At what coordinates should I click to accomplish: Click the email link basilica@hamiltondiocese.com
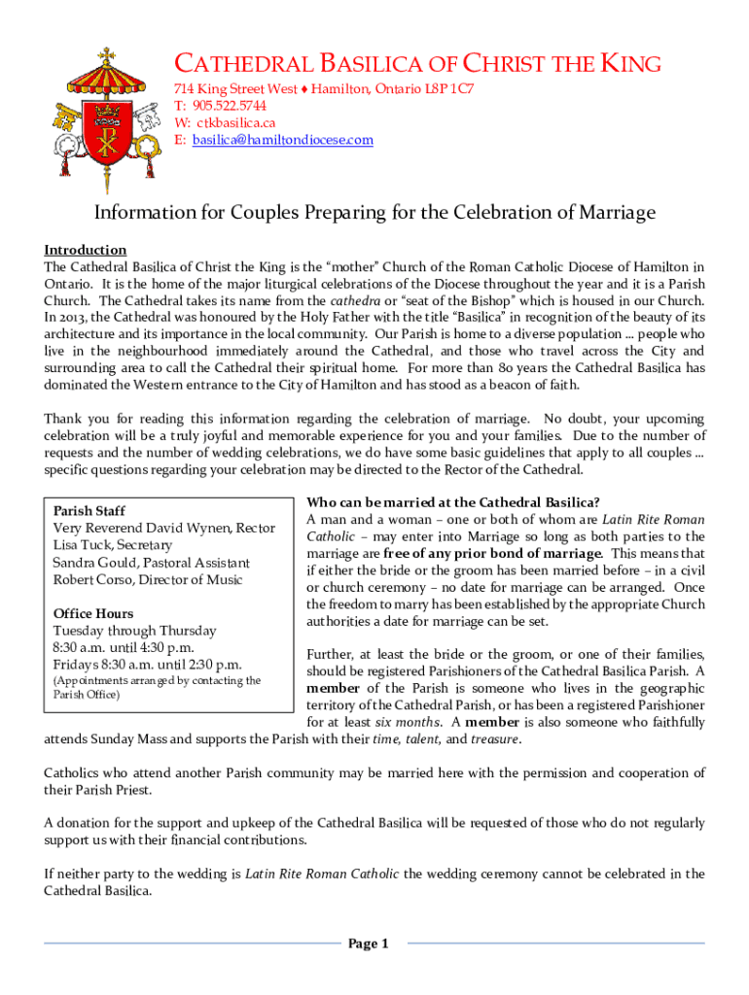click(282, 140)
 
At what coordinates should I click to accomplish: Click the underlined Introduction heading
click(86, 250)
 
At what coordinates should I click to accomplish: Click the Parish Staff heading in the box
click(89, 510)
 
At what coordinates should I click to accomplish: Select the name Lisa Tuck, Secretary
click(112, 545)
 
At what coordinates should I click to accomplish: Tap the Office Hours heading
click(93, 613)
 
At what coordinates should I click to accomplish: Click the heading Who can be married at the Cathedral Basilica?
click(453, 502)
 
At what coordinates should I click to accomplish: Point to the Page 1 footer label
click(369, 944)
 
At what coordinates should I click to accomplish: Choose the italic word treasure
click(494, 739)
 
